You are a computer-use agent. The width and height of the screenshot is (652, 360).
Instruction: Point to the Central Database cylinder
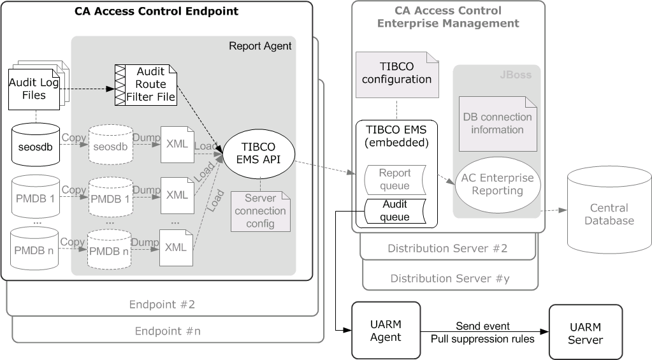tap(608, 214)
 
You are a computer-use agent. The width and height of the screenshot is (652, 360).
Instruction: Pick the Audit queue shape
tap(395, 211)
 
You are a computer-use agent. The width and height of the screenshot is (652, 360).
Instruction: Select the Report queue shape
tap(395, 180)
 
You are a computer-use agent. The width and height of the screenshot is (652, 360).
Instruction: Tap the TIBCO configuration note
tap(396, 75)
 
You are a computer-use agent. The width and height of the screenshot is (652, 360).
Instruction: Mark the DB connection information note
tap(497, 123)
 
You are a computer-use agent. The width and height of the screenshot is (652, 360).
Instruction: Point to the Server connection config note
tap(260, 211)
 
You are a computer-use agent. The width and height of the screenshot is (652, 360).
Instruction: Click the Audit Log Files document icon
tap(36, 89)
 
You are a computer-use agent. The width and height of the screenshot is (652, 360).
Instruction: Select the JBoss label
tap(519, 75)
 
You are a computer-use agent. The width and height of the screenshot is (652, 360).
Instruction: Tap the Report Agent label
tap(260, 46)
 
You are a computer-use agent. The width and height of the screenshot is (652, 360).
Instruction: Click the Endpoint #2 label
tap(162, 304)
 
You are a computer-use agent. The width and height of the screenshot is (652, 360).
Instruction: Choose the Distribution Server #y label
tap(450, 278)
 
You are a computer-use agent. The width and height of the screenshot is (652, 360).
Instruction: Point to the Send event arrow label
tap(482, 326)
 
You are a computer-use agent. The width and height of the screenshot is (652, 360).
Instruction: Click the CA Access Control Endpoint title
tap(156, 11)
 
